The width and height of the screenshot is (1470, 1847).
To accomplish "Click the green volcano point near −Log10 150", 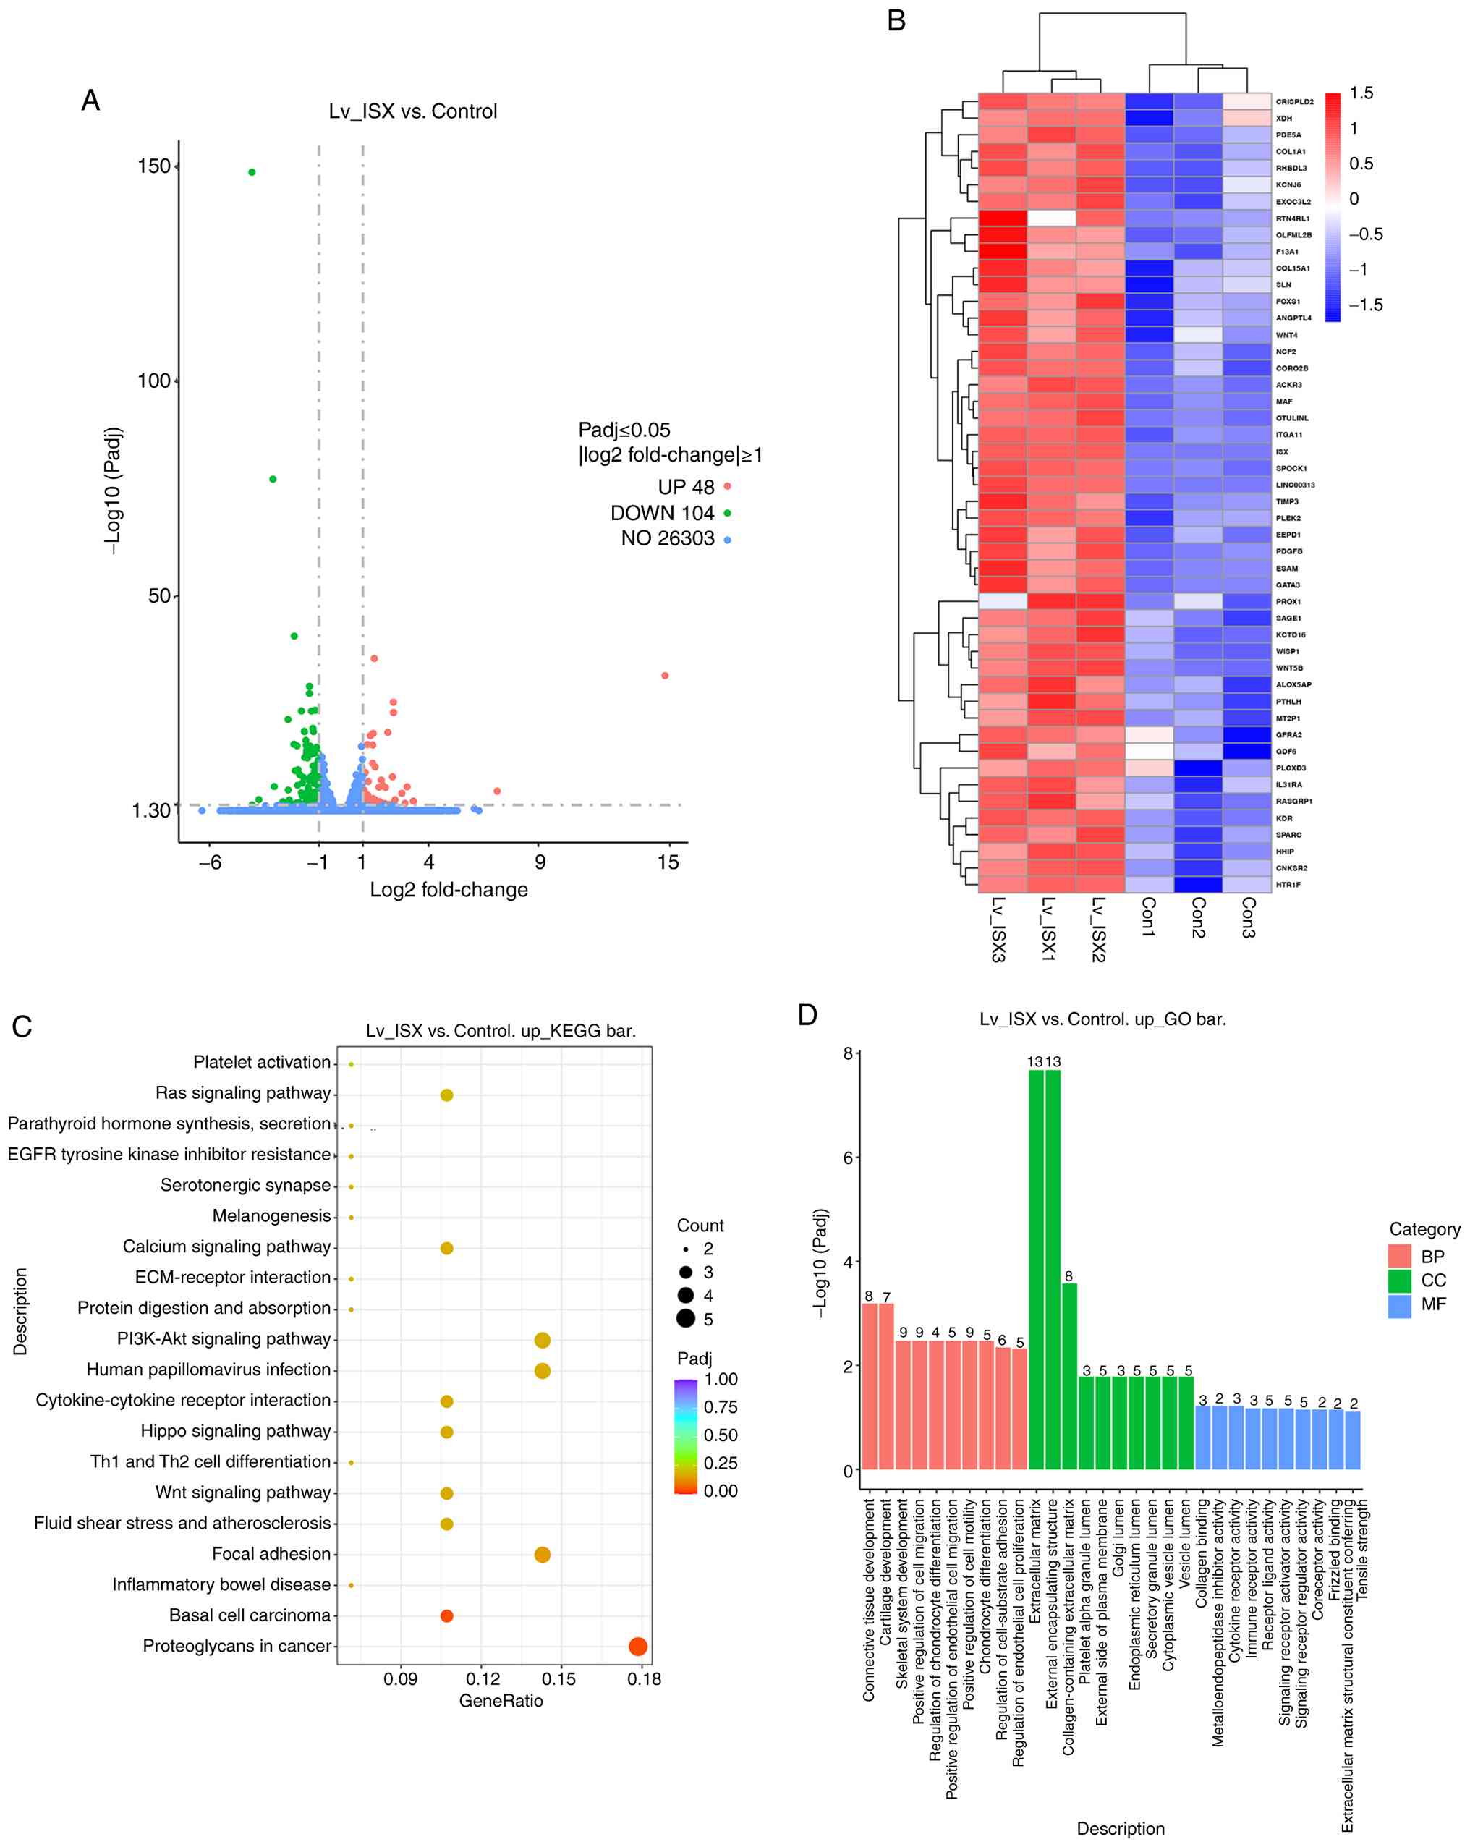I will [252, 172].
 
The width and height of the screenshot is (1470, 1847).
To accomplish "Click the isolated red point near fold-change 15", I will [665, 676].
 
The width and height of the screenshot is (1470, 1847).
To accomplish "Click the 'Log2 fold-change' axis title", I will [448, 890].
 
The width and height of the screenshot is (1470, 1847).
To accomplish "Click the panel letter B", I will [896, 20].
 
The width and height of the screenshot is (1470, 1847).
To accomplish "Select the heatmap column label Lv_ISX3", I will [998, 930].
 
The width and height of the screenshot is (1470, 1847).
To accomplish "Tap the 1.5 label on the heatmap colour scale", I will [1361, 93].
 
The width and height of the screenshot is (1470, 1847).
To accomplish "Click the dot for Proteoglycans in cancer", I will [637, 1647].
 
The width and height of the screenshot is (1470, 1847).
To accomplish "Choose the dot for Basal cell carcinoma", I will [446, 1615].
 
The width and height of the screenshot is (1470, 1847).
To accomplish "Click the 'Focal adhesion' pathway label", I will [271, 1554].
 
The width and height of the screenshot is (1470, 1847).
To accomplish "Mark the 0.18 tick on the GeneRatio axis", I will [643, 1679].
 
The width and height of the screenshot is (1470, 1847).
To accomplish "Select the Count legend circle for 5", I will [685, 1320].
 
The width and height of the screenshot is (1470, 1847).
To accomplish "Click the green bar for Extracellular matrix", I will [1036, 1268].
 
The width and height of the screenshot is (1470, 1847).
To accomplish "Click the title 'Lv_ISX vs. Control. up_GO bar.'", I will [1102, 1019].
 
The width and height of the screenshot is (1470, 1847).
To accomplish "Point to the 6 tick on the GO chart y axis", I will [847, 1158].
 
